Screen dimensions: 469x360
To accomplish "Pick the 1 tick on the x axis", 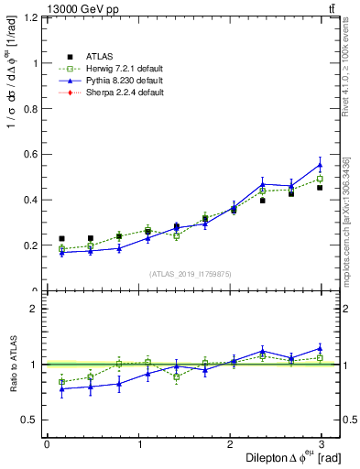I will coord(139,443).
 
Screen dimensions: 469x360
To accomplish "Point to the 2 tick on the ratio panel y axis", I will coord(34,309).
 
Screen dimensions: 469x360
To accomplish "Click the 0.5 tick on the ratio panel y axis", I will coord(31,420).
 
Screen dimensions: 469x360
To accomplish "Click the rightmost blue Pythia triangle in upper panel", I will coord(320,165).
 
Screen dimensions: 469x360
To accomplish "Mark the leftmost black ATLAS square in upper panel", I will coord(61,239).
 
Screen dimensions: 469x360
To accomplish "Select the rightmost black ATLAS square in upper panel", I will coord(320,187).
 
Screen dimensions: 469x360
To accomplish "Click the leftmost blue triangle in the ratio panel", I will coord(61,388).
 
